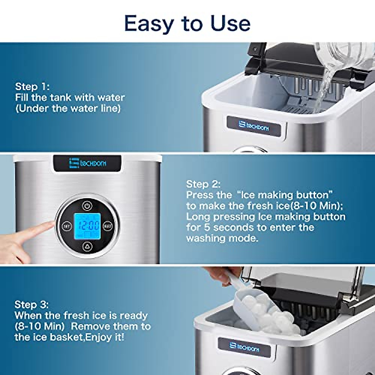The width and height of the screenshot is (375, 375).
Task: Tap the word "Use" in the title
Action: (230, 24)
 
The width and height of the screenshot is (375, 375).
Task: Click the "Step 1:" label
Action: (32, 87)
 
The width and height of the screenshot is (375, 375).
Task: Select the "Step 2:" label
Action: (203, 184)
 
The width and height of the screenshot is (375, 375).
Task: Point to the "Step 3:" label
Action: (32, 305)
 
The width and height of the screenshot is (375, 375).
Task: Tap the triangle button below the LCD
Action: (87, 247)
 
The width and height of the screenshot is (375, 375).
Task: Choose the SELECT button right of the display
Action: (108, 226)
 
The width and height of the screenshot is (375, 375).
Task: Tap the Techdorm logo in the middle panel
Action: (87, 163)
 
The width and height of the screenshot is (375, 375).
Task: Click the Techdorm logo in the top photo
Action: (253, 126)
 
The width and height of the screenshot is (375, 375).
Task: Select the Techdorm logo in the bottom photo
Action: (244, 347)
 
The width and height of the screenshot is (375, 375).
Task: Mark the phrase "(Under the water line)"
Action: (68, 108)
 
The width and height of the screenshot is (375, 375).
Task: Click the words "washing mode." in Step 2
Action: (222, 238)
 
